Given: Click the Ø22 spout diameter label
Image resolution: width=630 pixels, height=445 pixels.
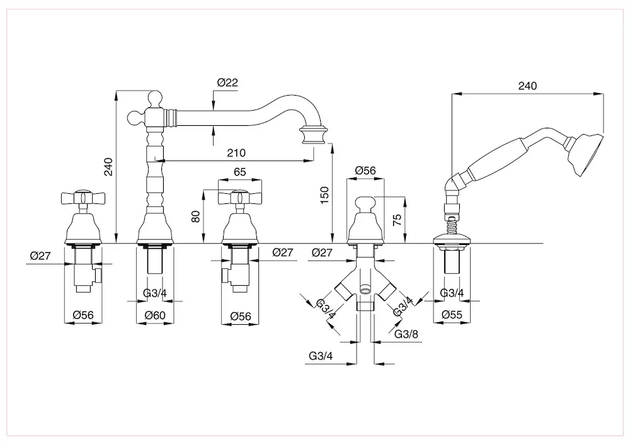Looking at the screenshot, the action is point(227,82).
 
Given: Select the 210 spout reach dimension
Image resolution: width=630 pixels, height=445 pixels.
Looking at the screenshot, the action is point(236,153).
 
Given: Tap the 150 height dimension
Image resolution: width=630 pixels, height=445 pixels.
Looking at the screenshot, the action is point(324,195).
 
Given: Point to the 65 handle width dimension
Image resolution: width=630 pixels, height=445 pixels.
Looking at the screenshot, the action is point(239,172).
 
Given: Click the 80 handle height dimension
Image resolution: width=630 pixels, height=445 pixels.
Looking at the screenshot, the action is point(196,217).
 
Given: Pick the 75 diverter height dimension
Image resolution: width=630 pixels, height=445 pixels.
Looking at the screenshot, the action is point(396,220).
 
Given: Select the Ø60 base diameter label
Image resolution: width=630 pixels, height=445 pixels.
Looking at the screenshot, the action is point(155,315).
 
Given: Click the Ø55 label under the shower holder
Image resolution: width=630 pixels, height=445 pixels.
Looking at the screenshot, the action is point(452,315).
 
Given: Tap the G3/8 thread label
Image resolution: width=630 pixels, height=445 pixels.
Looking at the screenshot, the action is point(406,334).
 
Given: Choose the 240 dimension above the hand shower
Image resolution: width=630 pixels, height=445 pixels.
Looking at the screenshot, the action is point(527,86).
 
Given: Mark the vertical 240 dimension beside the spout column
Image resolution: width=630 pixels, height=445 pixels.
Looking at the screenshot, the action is point(108,167).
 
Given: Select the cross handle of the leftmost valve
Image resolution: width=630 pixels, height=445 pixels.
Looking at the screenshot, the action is point(83,197).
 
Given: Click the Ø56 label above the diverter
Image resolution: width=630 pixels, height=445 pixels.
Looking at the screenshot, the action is point(365,171).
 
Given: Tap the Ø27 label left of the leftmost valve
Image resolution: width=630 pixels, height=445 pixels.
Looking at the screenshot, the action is point(40,256).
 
